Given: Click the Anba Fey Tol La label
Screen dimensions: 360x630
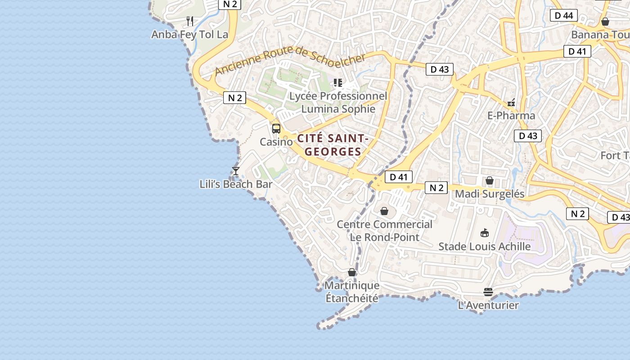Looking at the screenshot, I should tap(189, 35).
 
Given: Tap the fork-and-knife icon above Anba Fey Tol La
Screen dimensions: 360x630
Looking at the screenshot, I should tap(190, 21).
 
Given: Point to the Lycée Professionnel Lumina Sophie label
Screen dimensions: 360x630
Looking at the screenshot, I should tap(338, 103).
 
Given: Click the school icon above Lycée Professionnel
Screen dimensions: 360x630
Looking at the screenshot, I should tap(337, 83).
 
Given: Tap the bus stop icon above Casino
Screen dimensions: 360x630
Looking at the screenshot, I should tap(276, 128).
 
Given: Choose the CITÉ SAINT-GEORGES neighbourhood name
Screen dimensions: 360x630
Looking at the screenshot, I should tap(333, 145).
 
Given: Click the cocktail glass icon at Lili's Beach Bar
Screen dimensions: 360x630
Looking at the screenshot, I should tap(235, 171).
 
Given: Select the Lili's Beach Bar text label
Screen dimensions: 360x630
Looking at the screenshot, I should tap(236, 184).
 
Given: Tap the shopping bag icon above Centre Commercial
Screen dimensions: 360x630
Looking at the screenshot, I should tap(384, 211).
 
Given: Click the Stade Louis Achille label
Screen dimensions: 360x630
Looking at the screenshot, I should tap(485, 247).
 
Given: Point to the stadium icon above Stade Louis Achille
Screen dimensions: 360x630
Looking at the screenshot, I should tap(485, 233).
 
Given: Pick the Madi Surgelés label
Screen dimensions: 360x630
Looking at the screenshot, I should tap(490, 194).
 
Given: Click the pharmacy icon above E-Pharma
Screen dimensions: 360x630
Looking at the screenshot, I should tap(511, 103).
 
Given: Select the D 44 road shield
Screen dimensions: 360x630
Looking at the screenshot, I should tap(564, 16).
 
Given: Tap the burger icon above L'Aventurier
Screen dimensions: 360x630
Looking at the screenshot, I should tap(488, 292).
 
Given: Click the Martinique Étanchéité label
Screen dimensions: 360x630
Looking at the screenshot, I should tap(352, 292).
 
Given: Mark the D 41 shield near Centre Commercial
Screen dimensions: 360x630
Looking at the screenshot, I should tap(398, 177).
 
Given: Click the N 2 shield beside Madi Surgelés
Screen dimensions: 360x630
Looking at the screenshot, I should tap(436, 188).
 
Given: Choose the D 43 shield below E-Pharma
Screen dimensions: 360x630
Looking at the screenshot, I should tap(528, 135).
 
